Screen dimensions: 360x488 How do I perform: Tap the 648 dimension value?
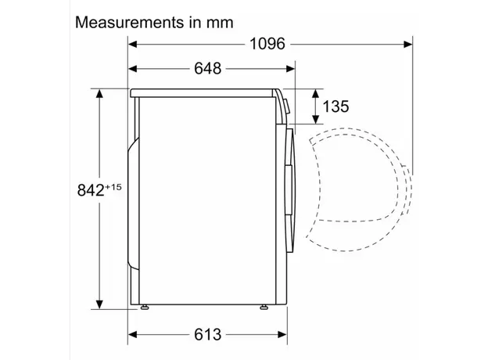207,68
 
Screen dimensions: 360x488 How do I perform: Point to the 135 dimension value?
335,106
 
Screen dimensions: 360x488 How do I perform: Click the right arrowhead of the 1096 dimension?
407,44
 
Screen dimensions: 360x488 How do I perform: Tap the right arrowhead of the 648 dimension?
290,68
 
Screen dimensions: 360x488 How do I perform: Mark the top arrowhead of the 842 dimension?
100,94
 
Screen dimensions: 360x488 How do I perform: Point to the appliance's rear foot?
145,308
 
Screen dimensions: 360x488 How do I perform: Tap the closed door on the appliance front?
290,188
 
